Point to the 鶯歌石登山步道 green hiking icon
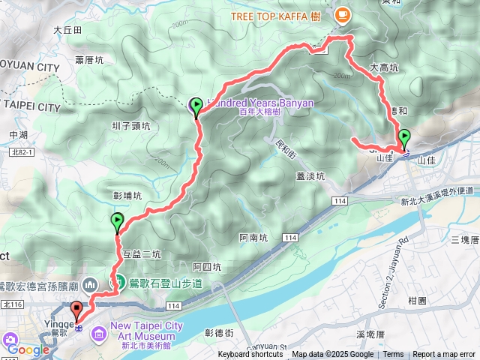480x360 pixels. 118,283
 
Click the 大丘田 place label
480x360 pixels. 67,30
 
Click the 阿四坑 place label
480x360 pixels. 206,266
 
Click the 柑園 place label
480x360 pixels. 417,300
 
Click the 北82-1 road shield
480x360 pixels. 42,151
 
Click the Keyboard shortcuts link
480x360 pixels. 250,355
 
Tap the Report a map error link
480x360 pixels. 445,355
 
